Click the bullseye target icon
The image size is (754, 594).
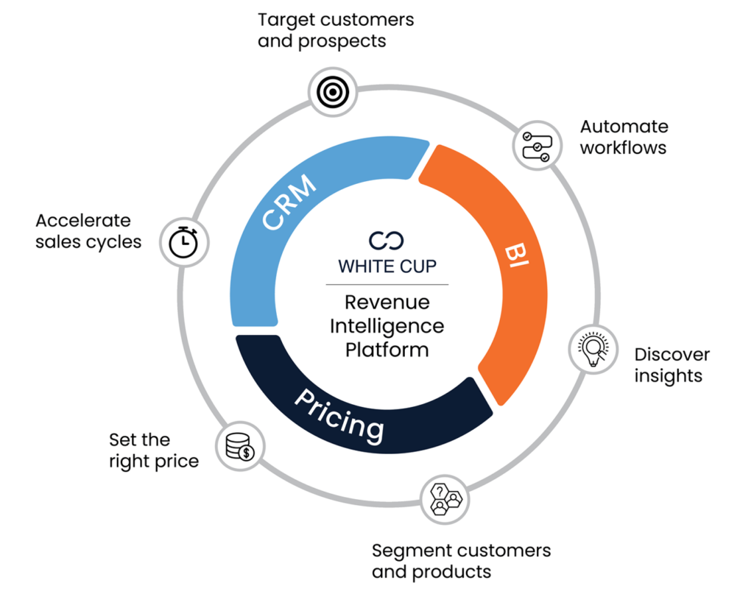pos(332,91)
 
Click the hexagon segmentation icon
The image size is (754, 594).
pos(444,499)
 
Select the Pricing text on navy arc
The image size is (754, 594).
pos(339,414)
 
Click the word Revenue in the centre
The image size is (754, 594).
pos(387,302)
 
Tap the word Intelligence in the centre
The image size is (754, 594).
pos(387,325)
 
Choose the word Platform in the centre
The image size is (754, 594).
pos(387,349)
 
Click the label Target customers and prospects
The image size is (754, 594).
pos(336,30)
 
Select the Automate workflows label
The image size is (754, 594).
pos(623,137)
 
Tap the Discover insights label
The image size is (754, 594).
pos(672,365)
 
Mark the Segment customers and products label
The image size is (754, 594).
pos(461,561)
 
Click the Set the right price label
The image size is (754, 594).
pos(154,450)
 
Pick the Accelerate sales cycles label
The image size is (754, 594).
pos(88,231)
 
